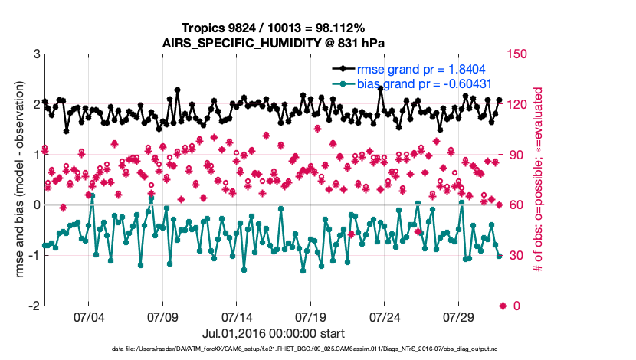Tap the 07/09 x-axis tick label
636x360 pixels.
pos(162,316)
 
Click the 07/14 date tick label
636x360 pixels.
pos(236,316)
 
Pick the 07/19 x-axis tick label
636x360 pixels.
pos(310,316)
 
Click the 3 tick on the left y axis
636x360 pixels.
pos(36,54)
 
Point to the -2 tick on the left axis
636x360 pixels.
pos(34,306)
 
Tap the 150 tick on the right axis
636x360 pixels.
pos(520,54)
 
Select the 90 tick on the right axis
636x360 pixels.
pos(516,155)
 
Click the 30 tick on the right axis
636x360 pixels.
pos(516,256)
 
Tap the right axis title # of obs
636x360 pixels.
pos(538,180)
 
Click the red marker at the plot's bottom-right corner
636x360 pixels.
pos(503,306)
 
